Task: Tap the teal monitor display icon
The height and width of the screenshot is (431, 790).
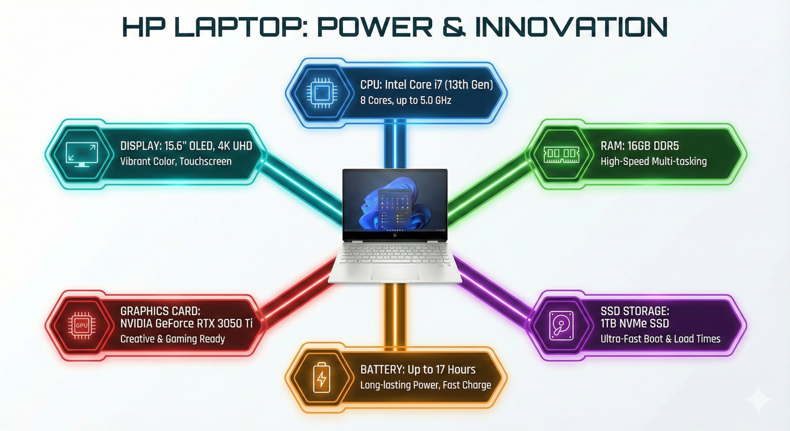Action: click(x=81, y=154)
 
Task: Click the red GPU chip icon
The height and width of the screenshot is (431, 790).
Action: click(x=82, y=325)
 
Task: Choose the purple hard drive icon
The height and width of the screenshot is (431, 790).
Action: click(x=561, y=325)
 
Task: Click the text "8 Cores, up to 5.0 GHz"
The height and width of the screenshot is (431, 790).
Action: click(x=405, y=100)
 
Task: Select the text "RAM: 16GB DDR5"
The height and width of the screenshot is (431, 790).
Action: click(x=639, y=146)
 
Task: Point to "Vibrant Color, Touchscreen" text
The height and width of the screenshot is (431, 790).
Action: click(x=176, y=161)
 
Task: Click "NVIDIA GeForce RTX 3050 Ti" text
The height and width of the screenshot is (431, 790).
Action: click(x=186, y=324)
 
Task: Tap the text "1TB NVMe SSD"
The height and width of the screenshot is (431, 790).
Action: click(x=634, y=324)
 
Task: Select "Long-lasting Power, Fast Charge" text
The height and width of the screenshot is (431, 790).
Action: click(x=426, y=385)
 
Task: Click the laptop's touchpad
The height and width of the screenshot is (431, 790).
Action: click(x=395, y=272)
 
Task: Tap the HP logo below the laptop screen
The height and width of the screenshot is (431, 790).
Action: click(x=395, y=235)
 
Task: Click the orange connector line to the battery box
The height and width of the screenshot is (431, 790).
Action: click(x=395, y=315)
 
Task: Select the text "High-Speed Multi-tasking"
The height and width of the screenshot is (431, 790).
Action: click(x=653, y=161)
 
